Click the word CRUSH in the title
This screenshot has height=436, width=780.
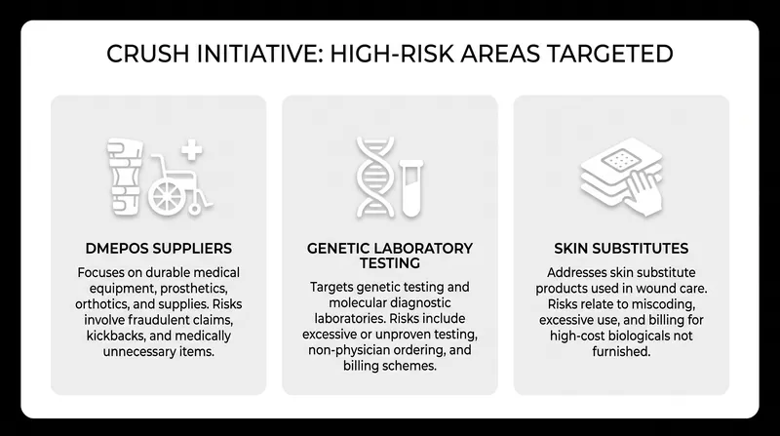pyautogui.click(x=148, y=54)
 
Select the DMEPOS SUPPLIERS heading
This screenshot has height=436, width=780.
pyautogui.click(x=159, y=249)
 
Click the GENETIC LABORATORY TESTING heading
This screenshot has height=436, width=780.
pyautogui.click(x=390, y=256)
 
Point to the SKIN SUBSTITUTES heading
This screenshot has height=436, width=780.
pyautogui.click(x=621, y=249)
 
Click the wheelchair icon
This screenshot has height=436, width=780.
pyautogui.click(x=180, y=185)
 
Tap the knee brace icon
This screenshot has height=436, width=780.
pyautogui.click(x=125, y=177)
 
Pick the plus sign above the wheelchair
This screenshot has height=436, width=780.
pyautogui.click(x=191, y=150)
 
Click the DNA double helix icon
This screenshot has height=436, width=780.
pyautogui.click(x=375, y=178)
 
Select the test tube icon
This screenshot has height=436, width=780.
pyautogui.click(x=411, y=188)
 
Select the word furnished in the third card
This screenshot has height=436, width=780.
pyautogui.click(x=621, y=351)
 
